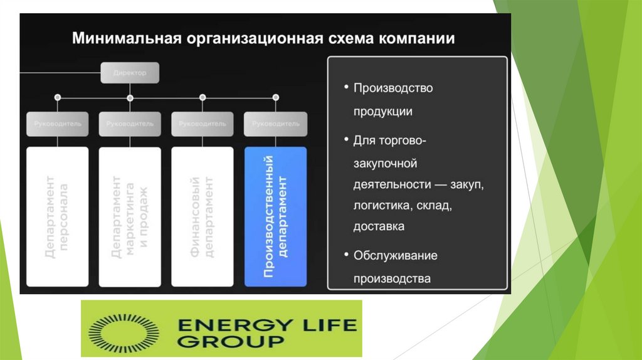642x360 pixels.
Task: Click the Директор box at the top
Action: (x=130, y=73)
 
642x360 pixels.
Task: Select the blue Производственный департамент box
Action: (x=275, y=216)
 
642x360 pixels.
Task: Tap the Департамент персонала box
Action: (x=57, y=216)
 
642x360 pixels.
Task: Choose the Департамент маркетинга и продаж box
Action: (x=130, y=216)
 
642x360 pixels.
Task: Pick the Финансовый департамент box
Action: (x=203, y=216)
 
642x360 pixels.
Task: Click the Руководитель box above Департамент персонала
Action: (x=57, y=124)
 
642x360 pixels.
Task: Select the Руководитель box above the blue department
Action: (x=275, y=124)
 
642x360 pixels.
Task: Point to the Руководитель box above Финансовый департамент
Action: (x=203, y=124)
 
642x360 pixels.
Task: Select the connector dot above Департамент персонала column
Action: (x=57, y=97)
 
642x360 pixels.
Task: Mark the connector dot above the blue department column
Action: (x=275, y=97)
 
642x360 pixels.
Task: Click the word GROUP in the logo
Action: (x=230, y=342)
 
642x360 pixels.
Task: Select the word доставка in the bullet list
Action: (x=379, y=226)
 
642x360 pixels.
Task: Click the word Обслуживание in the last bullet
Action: (x=396, y=256)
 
